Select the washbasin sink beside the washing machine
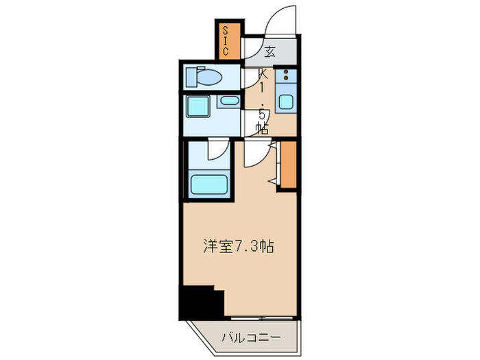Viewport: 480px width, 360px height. (228, 102)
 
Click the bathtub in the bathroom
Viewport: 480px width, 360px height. (208, 184)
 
